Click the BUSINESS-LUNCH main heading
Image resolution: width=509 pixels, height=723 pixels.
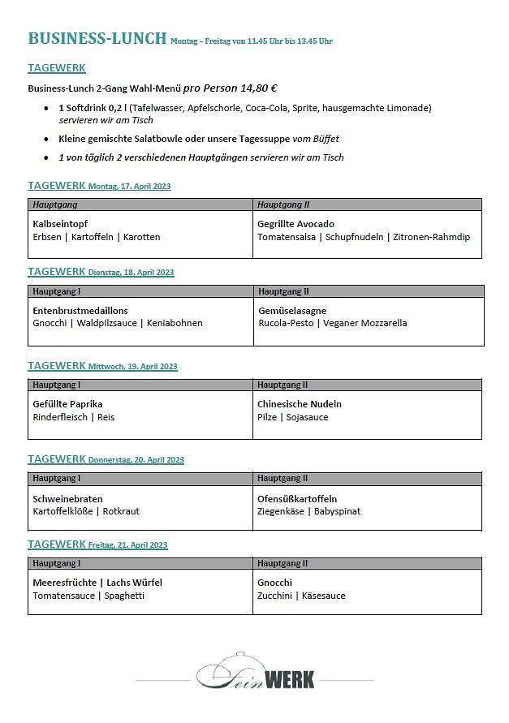tap(97, 38)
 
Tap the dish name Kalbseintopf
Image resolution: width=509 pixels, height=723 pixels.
tap(60, 224)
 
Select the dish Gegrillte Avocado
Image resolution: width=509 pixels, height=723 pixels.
tap(295, 224)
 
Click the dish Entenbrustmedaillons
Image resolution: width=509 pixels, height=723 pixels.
tap(80, 311)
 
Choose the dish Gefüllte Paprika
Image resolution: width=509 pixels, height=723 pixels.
tap(67, 404)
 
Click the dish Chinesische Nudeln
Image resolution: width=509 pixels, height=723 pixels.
tap(299, 404)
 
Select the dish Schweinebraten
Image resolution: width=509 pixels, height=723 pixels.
tap(67, 499)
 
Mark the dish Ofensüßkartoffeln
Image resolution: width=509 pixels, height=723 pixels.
tap(297, 499)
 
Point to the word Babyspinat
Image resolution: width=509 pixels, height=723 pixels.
tap(337, 511)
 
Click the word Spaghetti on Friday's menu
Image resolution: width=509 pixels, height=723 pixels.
tap(124, 596)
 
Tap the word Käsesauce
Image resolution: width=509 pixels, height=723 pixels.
tap(324, 596)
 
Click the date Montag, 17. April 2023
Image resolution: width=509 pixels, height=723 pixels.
tap(130, 187)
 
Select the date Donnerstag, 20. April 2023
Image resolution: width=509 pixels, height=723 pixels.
tap(136, 460)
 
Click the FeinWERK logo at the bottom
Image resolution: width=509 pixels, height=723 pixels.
tap(255, 673)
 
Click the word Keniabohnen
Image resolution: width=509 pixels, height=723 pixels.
tap(176, 323)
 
